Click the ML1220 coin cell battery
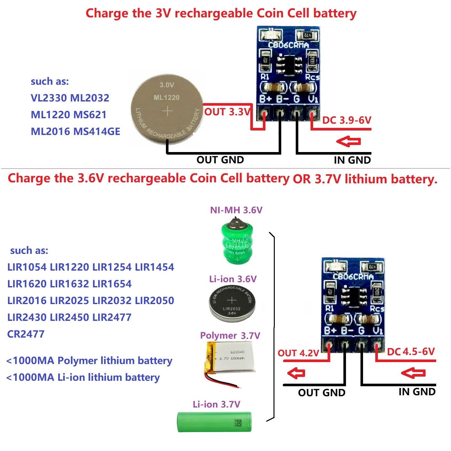pyautogui.click(x=167, y=110)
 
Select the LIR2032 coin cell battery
pyautogui.click(x=232, y=303)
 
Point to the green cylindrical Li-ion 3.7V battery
pyautogui.click(x=214, y=422)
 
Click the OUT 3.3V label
pyautogui.click(x=227, y=112)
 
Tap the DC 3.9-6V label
pyautogui.click(x=347, y=120)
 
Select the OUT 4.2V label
pyautogui.click(x=298, y=353)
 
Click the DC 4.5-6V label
pyautogui.click(x=411, y=352)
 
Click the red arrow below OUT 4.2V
pyautogui.click(x=296, y=373)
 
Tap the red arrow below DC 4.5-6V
pyautogui.click(x=413, y=373)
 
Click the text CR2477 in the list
pyautogui.click(x=26, y=334)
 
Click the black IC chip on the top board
pyautogui.click(x=289, y=64)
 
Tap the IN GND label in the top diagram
pyautogui.click(x=352, y=160)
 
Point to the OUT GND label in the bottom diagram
pyautogui.click(x=321, y=393)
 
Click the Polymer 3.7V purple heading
pyautogui.click(x=230, y=336)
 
